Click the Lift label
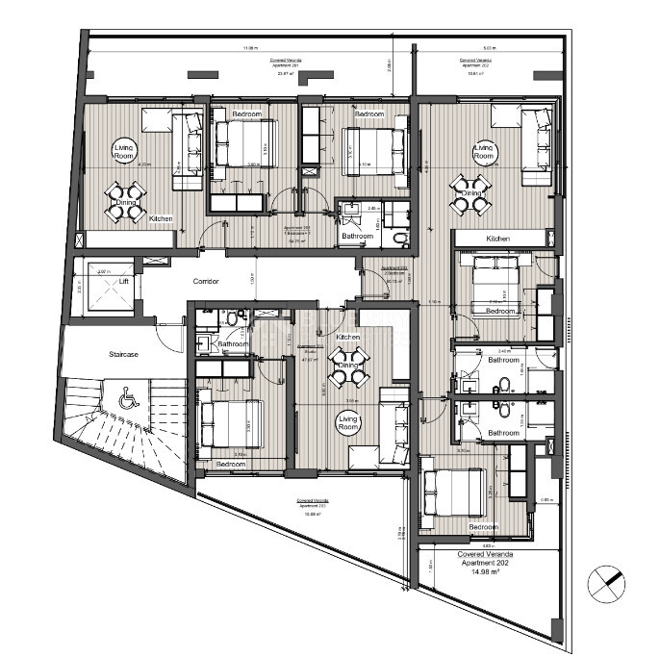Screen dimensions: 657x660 tap(122, 282)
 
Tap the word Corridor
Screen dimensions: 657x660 tap(206, 281)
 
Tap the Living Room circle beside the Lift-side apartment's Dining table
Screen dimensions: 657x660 tap(126, 150)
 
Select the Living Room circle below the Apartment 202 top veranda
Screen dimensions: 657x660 tap(483, 151)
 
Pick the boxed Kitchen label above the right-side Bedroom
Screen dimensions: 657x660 tap(497, 238)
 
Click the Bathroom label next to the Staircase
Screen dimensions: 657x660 tap(234, 343)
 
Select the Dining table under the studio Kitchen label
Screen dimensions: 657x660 tap(346, 365)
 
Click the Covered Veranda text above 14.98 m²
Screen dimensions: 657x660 tap(485, 554)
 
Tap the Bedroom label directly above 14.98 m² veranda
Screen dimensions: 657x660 tap(483, 527)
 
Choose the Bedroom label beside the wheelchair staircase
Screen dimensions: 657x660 tap(230, 464)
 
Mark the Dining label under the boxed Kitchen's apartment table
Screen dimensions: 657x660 tap(470, 194)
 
